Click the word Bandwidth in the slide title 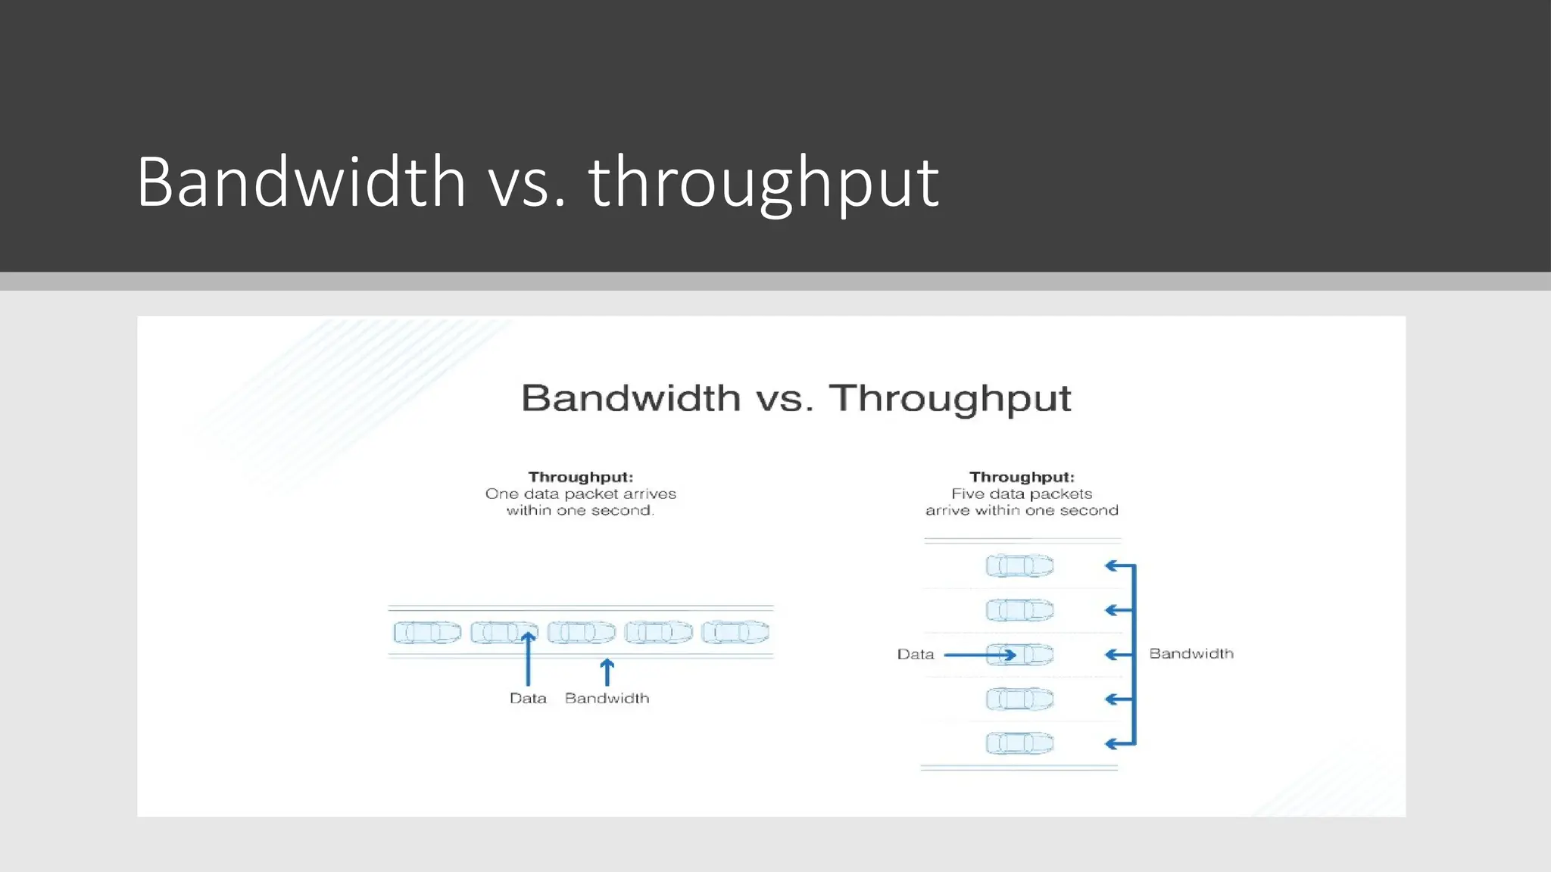(301, 182)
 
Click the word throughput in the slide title (763, 182)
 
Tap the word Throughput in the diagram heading (950, 398)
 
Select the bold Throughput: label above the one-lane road (581, 477)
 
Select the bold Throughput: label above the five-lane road (1022, 477)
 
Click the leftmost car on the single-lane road (427, 632)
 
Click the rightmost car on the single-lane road (735, 632)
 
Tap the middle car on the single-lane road (582, 632)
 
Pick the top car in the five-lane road (1019, 565)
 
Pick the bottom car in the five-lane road (1019, 743)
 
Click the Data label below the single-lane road (528, 698)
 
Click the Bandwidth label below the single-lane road (607, 698)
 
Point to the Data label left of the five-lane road (916, 654)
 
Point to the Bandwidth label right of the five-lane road (1191, 653)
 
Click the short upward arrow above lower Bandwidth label (607, 672)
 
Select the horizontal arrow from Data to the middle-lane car (978, 655)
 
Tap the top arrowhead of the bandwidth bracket (1112, 565)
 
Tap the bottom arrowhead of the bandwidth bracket (1112, 744)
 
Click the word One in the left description (501, 494)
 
